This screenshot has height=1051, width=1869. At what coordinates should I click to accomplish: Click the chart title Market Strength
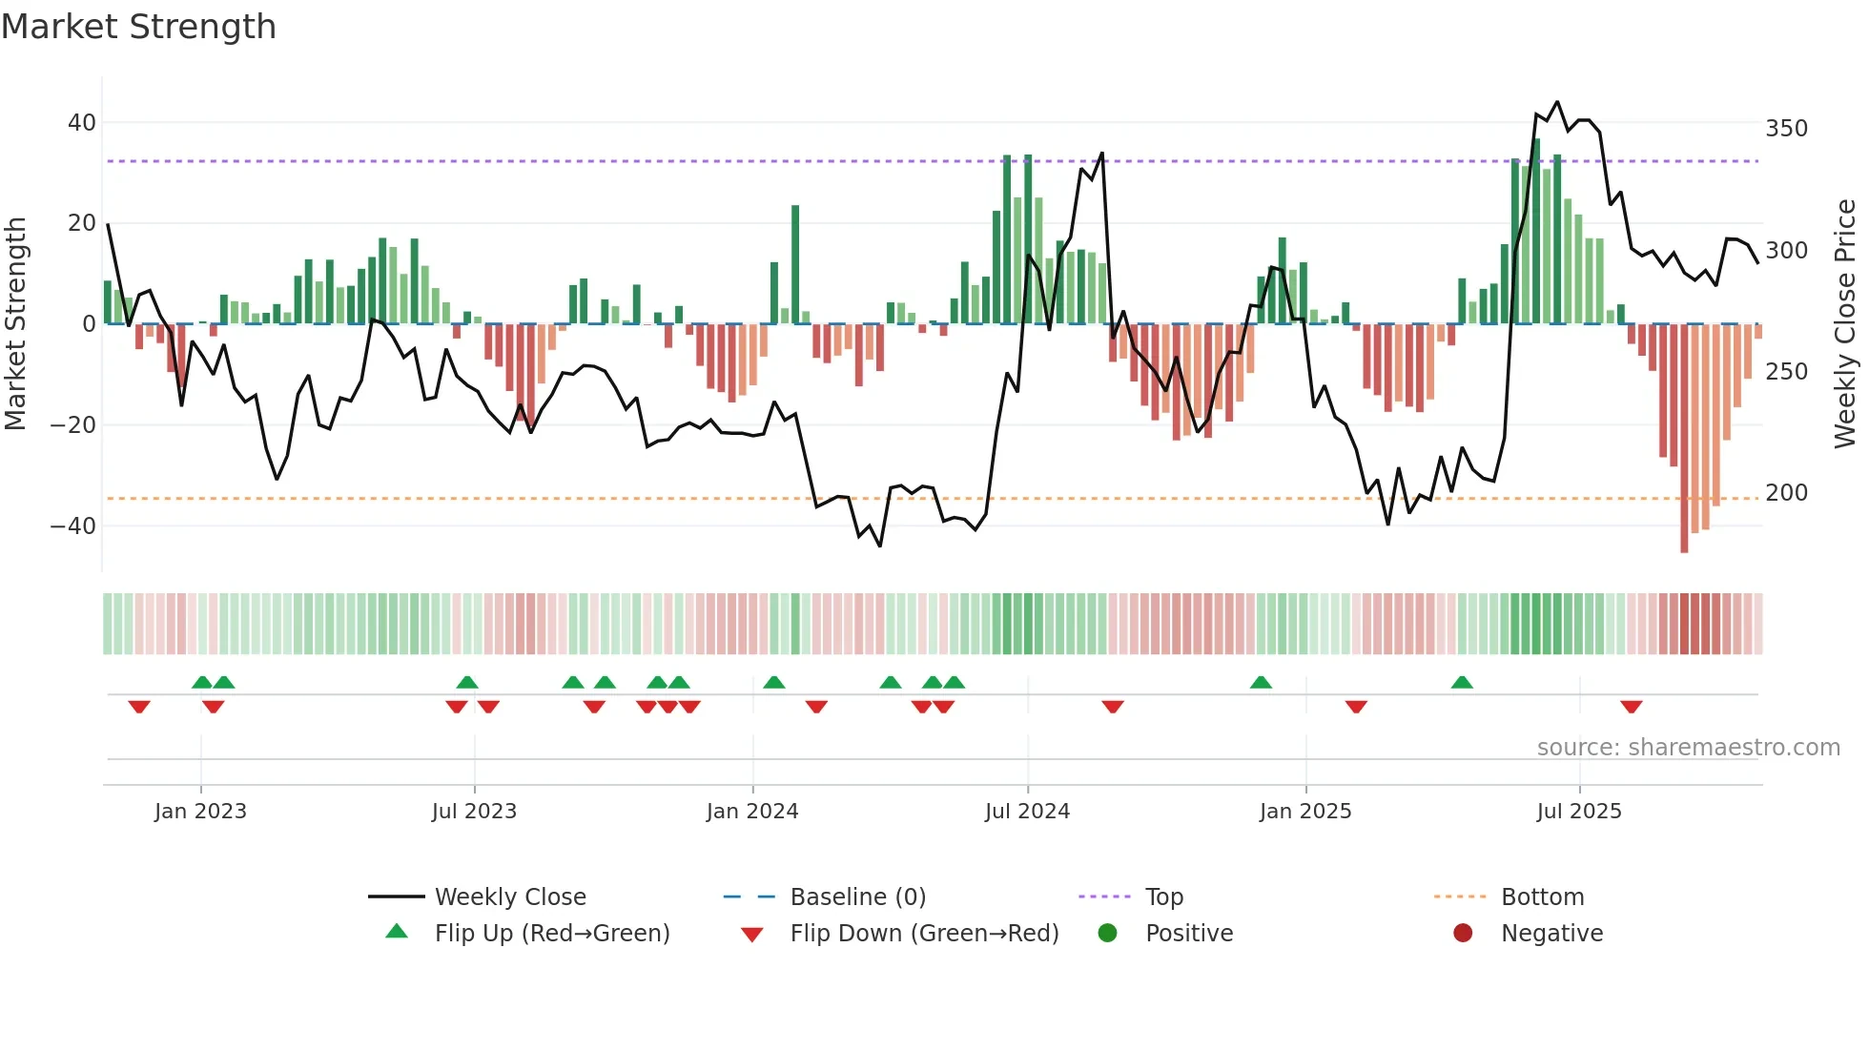click(x=138, y=27)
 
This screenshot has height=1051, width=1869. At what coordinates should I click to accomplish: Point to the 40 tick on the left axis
click(x=81, y=123)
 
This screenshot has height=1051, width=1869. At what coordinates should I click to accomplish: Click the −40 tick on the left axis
click(x=72, y=526)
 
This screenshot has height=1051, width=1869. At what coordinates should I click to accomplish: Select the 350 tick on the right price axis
click(x=1786, y=129)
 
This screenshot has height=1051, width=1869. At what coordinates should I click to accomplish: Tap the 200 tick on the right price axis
click(x=1786, y=493)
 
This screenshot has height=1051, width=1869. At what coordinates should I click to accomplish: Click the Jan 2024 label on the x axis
click(x=751, y=812)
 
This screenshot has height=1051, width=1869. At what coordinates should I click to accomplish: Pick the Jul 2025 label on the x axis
click(x=1578, y=812)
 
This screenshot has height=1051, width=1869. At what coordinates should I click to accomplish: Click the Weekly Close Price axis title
click(x=1845, y=324)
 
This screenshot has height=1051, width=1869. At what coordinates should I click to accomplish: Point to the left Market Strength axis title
click(x=16, y=324)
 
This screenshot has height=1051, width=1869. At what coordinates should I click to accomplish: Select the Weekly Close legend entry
click(x=509, y=897)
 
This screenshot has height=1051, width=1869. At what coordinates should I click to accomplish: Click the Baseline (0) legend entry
click(x=857, y=897)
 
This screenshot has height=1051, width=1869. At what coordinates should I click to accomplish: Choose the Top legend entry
click(x=1163, y=897)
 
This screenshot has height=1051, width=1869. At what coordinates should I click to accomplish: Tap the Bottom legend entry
click(x=1542, y=897)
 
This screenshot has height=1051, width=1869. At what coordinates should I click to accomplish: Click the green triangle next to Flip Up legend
click(x=397, y=932)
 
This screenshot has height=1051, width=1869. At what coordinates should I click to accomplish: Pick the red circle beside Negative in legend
click(x=1462, y=933)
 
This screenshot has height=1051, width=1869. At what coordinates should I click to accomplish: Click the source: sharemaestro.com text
click(x=1688, y=748)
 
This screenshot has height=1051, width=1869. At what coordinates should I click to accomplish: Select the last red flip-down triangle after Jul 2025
click(x=1631, y=707)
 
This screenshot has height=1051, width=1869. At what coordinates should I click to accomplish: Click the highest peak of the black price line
click(x=1557, y=102)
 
